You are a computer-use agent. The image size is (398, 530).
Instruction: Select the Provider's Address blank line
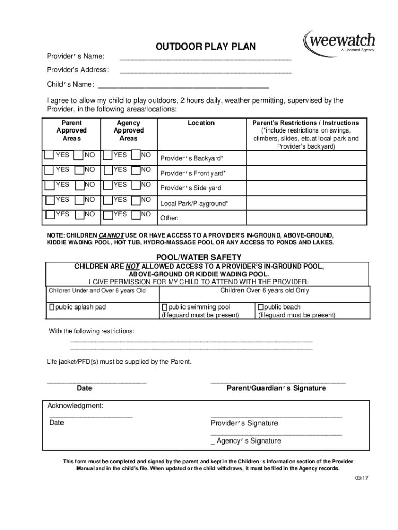206,72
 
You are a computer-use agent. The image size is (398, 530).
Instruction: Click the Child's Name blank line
183,87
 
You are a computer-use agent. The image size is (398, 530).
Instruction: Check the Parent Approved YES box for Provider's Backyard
48,155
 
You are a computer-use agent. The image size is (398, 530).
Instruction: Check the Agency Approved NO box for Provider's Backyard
135,155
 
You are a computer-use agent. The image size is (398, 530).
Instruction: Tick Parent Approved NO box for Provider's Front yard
79,170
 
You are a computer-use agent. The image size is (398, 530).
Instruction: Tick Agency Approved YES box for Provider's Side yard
108,185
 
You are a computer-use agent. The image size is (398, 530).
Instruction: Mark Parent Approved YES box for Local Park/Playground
48,200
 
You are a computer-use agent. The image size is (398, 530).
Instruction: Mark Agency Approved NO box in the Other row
135,214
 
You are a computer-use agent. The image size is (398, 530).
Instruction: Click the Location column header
201,123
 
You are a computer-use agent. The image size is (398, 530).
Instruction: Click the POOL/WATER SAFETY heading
198,257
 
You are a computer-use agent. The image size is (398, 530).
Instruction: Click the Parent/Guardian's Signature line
278,382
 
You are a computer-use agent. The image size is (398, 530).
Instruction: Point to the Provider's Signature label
244,423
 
